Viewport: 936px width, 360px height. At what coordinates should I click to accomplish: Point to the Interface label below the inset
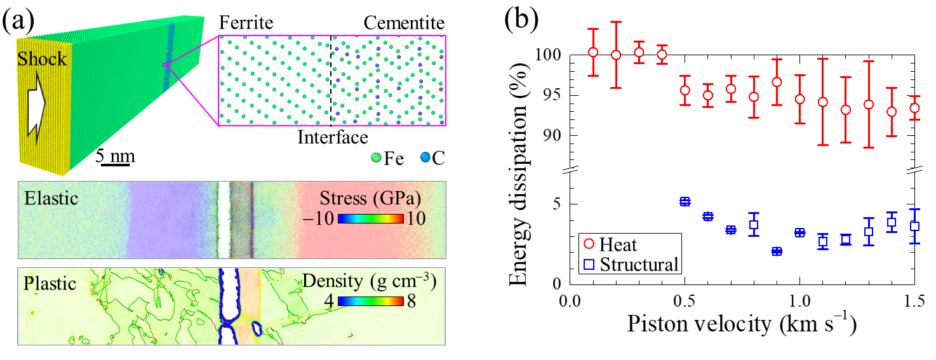click(x=333, y=137)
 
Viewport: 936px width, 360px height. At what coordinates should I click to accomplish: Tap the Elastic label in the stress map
click(x=51, y=199)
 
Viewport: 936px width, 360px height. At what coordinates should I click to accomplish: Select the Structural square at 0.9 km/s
click(x=777, y=251)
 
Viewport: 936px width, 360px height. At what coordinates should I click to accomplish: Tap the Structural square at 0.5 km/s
click(x=685, y=201)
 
